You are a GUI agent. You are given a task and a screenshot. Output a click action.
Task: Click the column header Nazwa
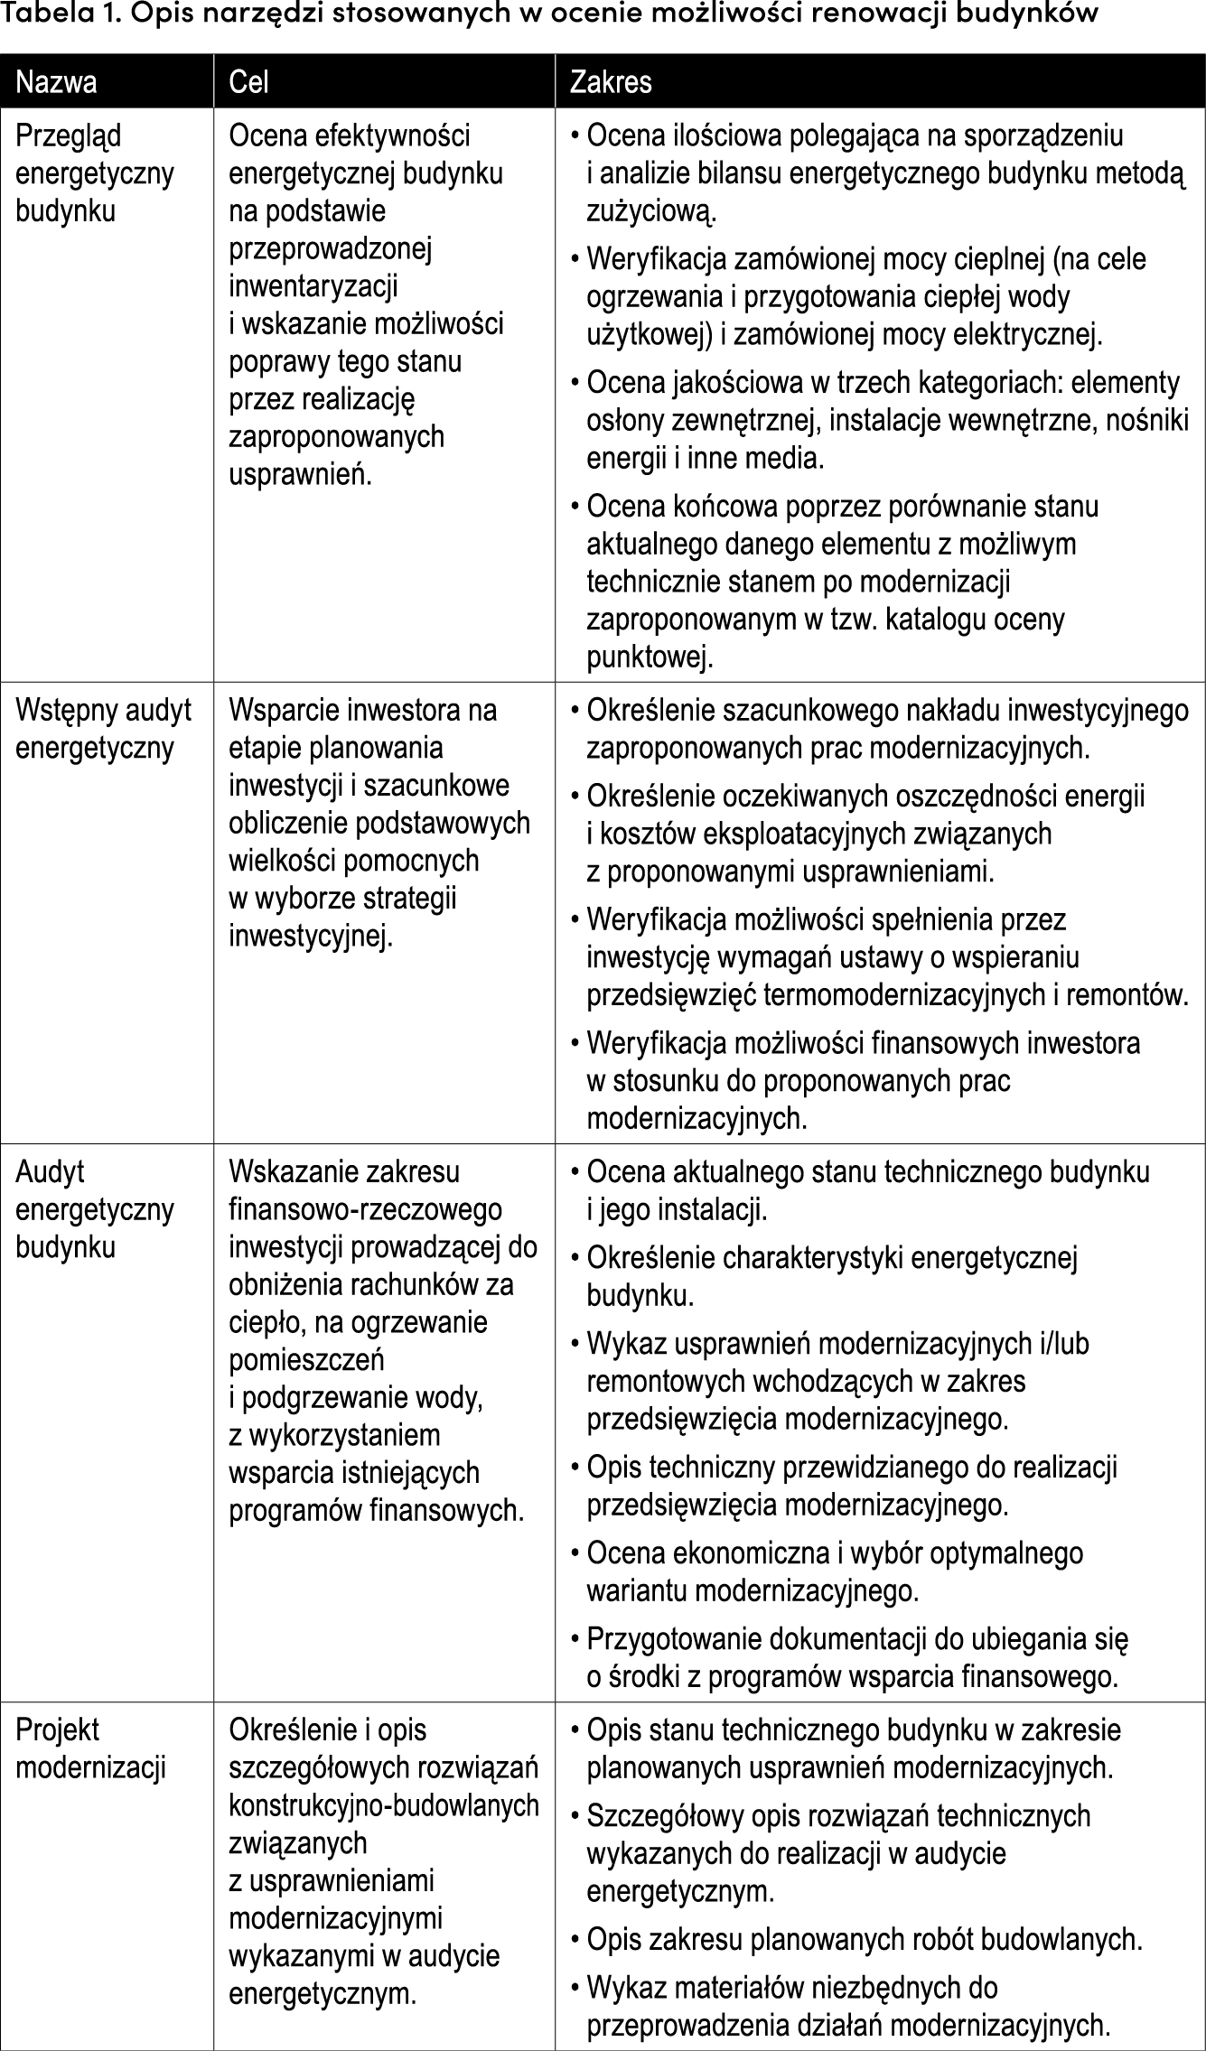pyautogui.click(x=56, y=83)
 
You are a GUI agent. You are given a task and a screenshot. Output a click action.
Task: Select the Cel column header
pyautogui.click(x=249, y=83)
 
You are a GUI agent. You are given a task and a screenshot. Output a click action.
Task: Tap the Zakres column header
pyautogui.click(x=610, y=83)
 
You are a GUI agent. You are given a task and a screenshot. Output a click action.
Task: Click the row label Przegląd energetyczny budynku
pyautogui.click(x=94, y=173)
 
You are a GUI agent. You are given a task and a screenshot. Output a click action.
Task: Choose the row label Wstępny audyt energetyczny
pyautogui.click(x=103, y=729)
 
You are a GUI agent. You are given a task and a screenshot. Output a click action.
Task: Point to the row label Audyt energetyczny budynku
pyautogui.click(x=94, y=1209)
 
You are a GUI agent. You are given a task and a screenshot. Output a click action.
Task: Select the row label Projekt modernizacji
pyautogui.click(x=90, y=1748)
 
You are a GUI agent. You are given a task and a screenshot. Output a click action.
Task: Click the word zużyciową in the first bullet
pyautogui.click(x=651, y=212)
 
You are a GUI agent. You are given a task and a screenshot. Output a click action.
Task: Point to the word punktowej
pyautogui.click(x=650, y=657)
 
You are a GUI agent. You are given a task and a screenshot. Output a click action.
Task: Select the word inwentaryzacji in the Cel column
pyautogui.click(x=313, y=286)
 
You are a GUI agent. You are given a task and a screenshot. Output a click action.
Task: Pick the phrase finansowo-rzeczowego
pyautogui.click(x=365, y=1209)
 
